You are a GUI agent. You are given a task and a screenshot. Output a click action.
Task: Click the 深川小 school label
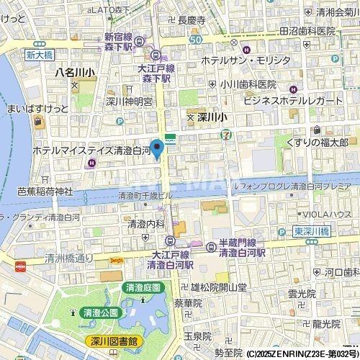(211, 116)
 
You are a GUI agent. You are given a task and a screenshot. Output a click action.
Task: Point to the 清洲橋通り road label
(68, 257)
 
